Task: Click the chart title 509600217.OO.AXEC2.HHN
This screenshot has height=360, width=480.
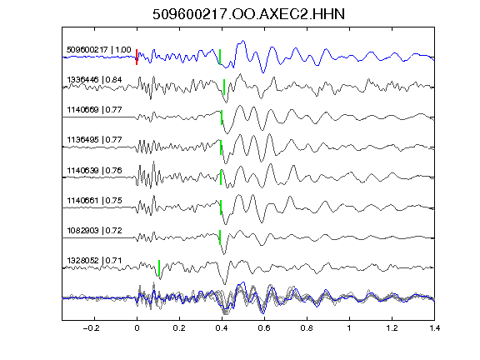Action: [248, 14]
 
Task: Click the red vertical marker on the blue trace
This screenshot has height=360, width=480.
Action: [137, 57]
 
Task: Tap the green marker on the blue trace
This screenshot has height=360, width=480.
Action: [220, 57]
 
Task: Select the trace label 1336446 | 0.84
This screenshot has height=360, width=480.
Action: [94, 80]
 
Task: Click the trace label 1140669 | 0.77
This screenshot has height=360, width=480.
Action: [94, 110]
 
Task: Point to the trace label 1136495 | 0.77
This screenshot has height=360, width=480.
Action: [94, 140]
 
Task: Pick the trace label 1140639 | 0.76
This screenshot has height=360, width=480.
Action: [94, 170]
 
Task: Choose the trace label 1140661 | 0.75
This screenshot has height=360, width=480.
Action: [94, 201]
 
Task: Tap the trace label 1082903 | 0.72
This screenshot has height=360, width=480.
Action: [94, 231]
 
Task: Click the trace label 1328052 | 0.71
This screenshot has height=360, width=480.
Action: [94, 261]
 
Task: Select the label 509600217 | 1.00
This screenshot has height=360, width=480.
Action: [98, 50]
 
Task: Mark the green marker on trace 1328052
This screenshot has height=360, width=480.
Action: [159, 267]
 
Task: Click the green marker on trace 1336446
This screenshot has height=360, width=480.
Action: [224, 87]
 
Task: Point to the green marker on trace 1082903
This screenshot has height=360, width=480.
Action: [220, 237]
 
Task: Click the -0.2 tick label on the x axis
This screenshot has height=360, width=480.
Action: [91, 328]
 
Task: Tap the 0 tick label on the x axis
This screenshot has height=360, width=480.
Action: [137, 328]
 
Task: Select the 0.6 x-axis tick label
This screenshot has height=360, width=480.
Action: [264, 328]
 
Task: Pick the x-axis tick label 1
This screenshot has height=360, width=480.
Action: [349, 328]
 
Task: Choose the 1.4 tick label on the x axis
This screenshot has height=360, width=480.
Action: [434, 328]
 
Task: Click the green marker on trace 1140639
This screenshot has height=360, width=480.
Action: [221, 177]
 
